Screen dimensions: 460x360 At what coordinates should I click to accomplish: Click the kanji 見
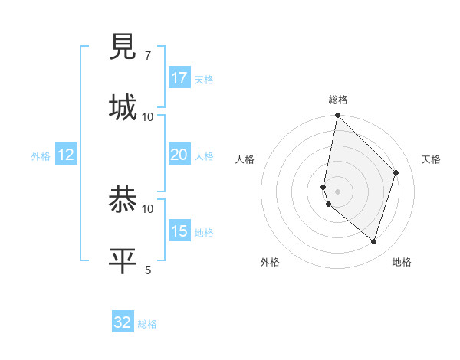click(123, 47)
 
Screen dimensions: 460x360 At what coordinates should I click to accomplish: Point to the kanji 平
click(123, 260)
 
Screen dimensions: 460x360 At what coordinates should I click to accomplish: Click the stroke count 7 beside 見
click(147, 56)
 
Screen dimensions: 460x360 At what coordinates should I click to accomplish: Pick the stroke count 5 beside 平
click(147, 269)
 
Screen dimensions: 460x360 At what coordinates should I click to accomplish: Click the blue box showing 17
click(179, 78)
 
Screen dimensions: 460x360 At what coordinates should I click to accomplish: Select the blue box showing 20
click(179, 155)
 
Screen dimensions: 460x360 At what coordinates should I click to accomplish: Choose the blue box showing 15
click(179, 231)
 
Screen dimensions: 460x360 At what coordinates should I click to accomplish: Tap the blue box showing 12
click(66, 155)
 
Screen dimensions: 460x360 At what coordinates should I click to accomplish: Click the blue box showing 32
click(123, 322)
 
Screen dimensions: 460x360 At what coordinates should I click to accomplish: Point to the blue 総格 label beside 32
click(147, 324)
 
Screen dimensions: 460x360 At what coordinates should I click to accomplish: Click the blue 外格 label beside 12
click(41, 156)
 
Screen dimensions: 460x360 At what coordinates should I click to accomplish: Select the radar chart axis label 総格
click(338, 100)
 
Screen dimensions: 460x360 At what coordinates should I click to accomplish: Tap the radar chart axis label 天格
click(431, 159)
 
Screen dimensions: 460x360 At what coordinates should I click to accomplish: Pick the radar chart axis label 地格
click(402, 262)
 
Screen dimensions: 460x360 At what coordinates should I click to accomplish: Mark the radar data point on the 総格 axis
click(337, 116)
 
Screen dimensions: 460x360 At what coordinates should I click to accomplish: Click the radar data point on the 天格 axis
click(396, 172)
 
